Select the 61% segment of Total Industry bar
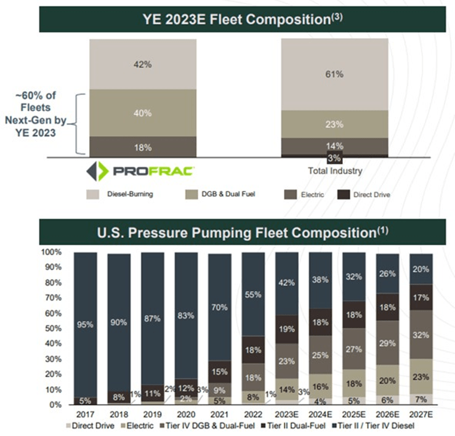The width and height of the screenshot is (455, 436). [335, 74]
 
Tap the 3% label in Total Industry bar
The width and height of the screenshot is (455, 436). [335, 159]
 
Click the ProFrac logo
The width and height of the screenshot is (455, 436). [141, 171]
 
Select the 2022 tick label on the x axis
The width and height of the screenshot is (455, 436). [252, 414]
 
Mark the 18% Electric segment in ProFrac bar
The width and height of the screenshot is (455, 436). [142, 147]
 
